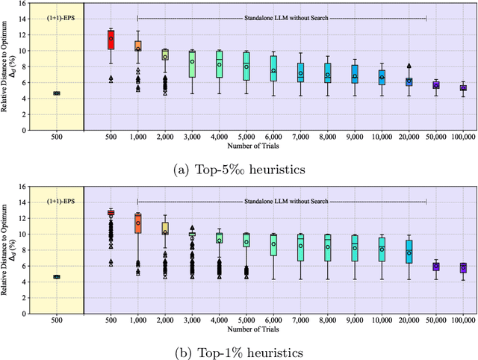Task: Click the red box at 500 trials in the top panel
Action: tap(111, 40)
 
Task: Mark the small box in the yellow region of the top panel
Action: tap(56, 93)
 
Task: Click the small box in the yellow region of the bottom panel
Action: tap(56, 276)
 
